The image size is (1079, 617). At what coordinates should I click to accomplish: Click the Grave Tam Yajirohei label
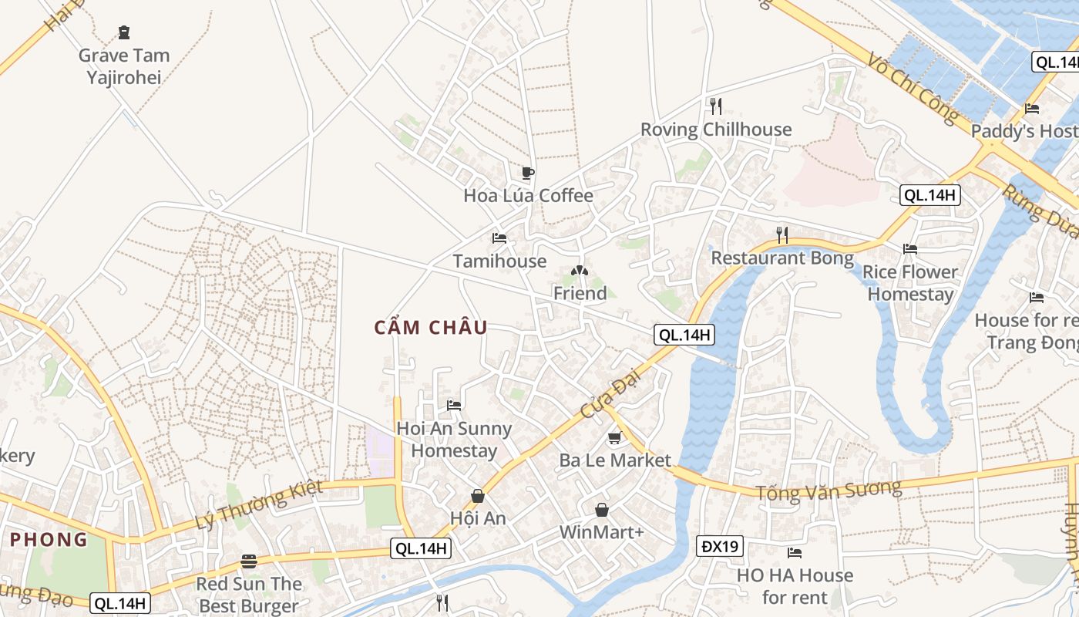(124, 66)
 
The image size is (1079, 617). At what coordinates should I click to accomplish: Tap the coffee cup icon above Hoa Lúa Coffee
(527, 173)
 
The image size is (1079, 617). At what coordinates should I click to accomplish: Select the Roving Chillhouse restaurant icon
(716, 106)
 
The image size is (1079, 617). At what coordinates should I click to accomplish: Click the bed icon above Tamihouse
(499, 238)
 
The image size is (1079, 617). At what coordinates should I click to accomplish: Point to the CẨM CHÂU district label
(431, 328)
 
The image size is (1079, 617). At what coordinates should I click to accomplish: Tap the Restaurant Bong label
(782, 258)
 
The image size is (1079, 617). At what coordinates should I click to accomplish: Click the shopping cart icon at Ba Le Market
(614, 438)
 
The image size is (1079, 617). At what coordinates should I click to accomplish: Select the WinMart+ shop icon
(601, 510)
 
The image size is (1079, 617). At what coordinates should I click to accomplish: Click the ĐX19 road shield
(721, 547)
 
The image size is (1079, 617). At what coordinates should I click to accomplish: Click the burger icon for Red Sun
(248, 561)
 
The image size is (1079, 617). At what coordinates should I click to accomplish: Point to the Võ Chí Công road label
(912, 87)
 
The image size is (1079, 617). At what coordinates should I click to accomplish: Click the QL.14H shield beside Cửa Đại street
(684, 335)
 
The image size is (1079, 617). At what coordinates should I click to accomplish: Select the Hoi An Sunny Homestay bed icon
(454, 405)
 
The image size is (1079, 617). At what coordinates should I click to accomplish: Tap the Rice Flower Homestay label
(910, 283)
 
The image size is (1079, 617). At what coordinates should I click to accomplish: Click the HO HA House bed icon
(795, 552)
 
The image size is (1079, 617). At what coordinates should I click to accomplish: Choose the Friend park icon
(580, 271)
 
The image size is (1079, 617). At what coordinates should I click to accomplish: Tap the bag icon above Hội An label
(478, 495)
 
